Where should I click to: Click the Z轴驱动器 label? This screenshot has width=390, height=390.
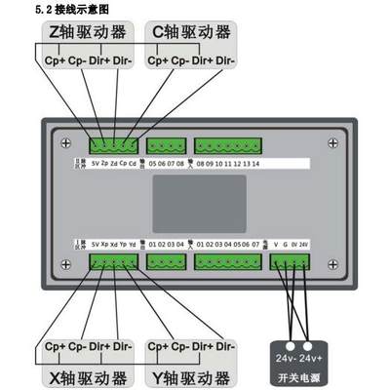tap(89, 32)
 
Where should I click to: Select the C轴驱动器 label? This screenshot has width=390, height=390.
tap(193, 32)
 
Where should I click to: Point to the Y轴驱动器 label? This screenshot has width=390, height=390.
tap(192, 375)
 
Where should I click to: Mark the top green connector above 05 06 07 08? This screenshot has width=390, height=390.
tap(165, 146)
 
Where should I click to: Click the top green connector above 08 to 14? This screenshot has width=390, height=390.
tap(228, 146)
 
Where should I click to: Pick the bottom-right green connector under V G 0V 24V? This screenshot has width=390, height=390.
tap(292, 261)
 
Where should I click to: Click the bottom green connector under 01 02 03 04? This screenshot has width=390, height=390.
tap(165, 261)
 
